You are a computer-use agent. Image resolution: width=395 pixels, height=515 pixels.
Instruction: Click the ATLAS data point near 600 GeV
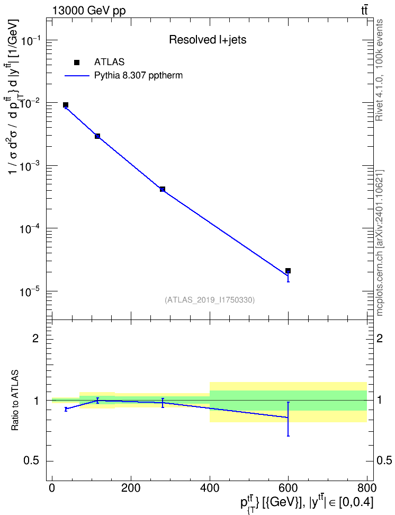pos(288,271)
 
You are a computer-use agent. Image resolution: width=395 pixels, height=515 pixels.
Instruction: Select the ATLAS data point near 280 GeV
pos(162,189)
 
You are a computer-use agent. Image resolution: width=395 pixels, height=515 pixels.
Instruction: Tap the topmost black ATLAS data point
pos(66,105)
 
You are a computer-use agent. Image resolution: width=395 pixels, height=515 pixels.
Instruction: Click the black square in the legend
pos(77,63)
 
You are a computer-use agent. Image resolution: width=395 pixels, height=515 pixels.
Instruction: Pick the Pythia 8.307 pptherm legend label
pos(138,76)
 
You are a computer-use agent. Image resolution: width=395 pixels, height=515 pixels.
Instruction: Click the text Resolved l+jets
pos(208,40)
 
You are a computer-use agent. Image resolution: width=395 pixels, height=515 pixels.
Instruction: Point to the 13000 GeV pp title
pos(89,11)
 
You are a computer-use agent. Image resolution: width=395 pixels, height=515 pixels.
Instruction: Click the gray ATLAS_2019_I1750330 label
pos(210,300)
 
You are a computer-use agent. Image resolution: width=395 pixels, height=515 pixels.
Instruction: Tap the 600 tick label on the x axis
pos(288,488)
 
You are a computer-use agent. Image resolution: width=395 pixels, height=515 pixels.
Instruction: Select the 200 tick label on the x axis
pos(131,488)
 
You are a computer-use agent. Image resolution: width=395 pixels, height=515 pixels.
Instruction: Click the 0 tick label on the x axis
pos(52,488)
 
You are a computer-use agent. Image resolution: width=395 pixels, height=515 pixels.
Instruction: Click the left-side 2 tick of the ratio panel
pos(35,338)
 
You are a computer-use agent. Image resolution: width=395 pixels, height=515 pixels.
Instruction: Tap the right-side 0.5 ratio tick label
pos(384,461)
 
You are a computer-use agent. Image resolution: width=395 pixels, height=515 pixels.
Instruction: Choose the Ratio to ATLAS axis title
pos(15,401)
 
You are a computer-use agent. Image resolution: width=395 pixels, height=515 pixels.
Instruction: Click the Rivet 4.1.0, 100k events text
pos(379,70)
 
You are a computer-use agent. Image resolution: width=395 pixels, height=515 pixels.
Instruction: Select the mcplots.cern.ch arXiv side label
pos(379,243)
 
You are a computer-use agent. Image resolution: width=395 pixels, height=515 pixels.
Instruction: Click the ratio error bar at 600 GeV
pos(288,419)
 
